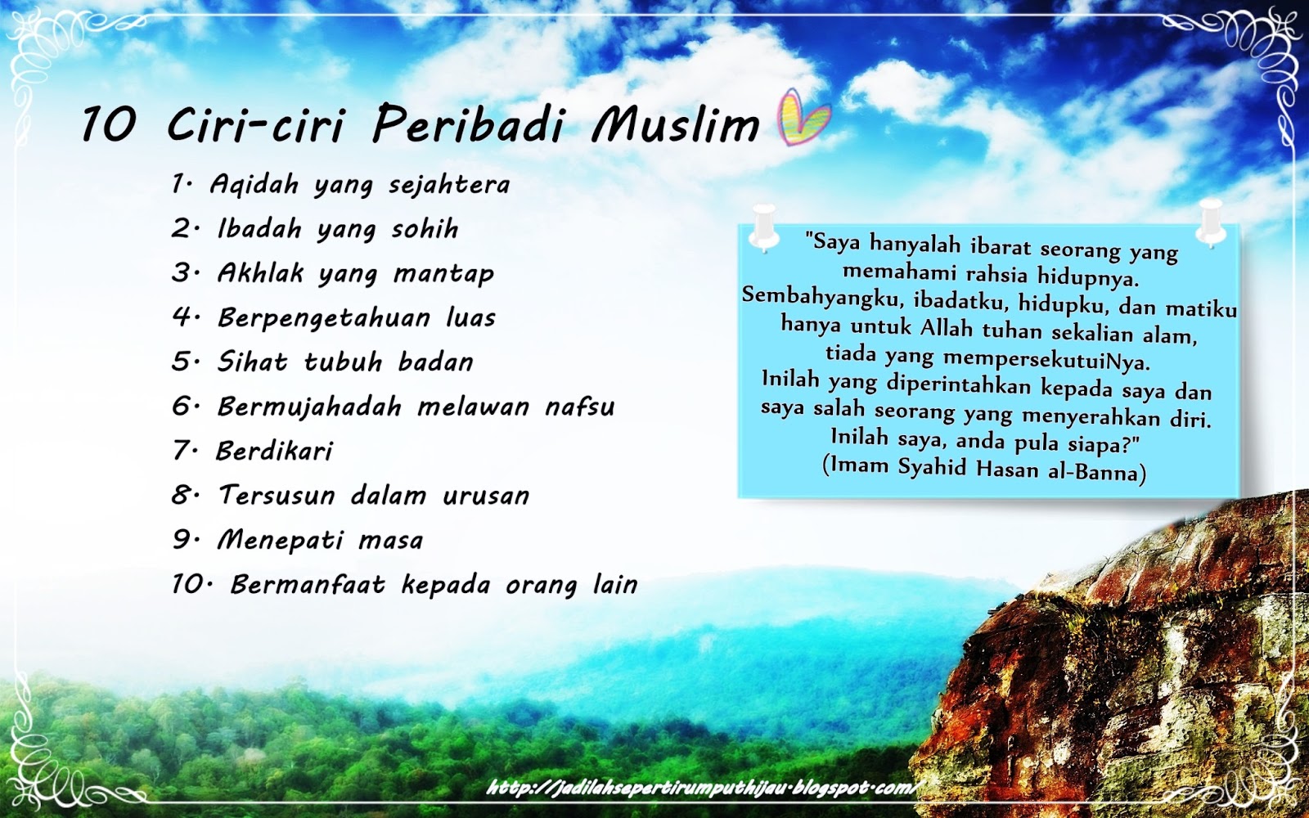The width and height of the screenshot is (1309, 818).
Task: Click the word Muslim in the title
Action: (x=676, y=124)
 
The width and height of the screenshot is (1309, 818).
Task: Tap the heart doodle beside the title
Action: (x=803, y=117)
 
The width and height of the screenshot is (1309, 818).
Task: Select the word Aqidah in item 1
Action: (x=254, y=185)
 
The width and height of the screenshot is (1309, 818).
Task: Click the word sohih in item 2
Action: (x=425, y=229)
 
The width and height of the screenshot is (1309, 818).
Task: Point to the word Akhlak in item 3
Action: (x=260, y=273)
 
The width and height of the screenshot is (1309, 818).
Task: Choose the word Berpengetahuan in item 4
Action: (x=324, y=318)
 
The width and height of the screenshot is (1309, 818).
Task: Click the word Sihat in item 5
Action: (x=252, y=362)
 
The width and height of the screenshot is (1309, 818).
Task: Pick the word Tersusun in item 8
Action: (x=277, y=496)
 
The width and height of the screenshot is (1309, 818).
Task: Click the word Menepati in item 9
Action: (x=281, y=540)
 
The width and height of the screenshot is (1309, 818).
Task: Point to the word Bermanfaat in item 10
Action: (x=308, y=585)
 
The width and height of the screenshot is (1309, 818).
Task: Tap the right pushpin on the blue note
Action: (x=1210, y=221)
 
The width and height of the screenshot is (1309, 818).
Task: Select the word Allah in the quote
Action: (x=947, y=328)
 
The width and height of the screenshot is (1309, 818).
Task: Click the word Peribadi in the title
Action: (x=468, y=125)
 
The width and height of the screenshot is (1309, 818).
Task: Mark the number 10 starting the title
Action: (x=108, y=125)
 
